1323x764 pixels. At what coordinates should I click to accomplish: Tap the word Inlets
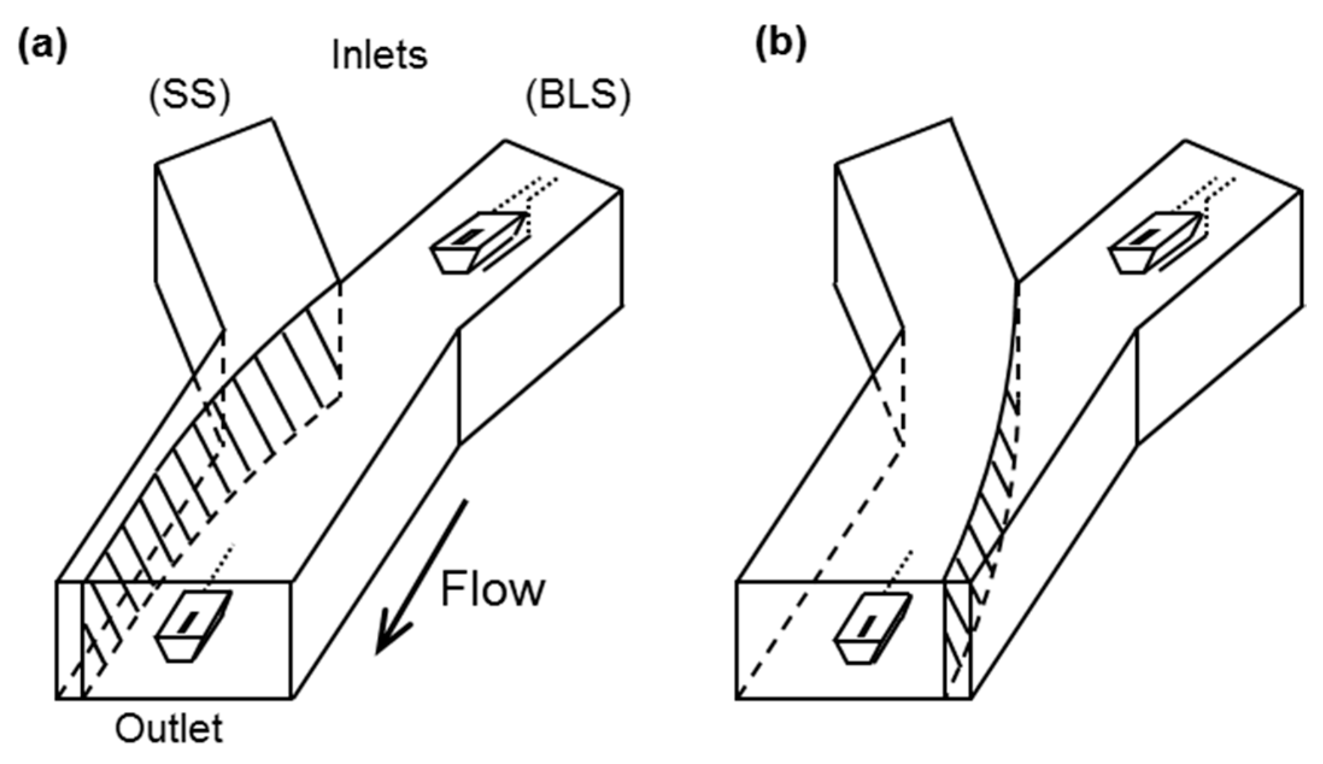point(380,55)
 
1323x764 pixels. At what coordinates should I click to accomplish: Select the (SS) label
point(189,96)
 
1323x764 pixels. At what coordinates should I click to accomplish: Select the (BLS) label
point(578,96)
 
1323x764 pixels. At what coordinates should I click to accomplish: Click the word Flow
point(493,590)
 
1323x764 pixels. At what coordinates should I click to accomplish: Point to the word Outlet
point(169,728)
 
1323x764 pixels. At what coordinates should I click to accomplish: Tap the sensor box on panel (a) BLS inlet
point(476,241)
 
